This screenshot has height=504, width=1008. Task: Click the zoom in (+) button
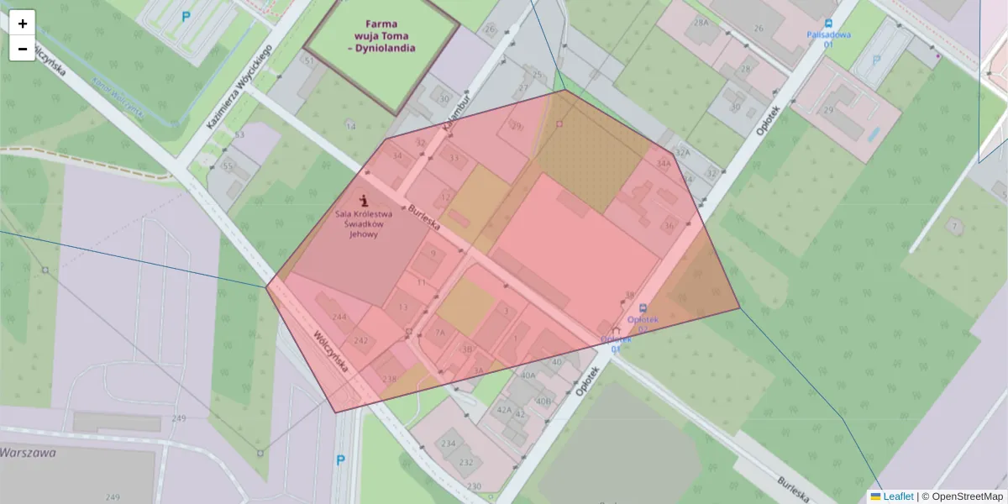click(23, 24)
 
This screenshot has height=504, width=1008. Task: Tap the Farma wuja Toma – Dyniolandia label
click(381, 36)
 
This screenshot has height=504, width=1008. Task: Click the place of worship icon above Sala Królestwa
click(365, 200)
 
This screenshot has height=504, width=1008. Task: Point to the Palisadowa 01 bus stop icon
click(829, 24)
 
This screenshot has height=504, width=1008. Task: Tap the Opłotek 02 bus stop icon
click(643, 308)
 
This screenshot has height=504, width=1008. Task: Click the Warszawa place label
click(28, 452)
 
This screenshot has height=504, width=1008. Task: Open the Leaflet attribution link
click(899, 496)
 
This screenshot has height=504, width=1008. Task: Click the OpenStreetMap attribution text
click(967, 496)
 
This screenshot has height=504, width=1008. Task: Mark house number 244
click(339, 317)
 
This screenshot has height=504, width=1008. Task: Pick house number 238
click(389, 379)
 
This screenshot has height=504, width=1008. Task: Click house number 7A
click(439, 333)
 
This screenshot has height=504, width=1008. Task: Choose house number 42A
click(503, 409)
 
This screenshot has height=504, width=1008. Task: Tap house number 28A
click(701, 23)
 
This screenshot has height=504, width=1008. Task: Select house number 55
click(227, 166)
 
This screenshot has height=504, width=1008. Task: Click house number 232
click(466, 462)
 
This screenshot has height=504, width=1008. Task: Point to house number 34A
click(664, 163)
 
